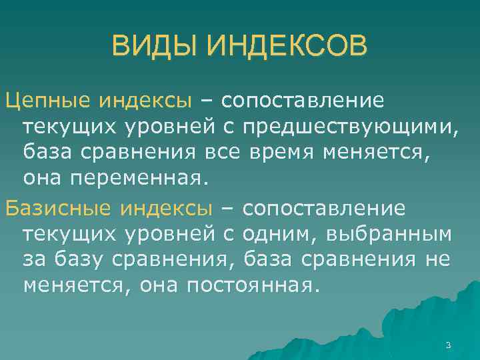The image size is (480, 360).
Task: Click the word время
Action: pyautogui.click(x=282, y=152)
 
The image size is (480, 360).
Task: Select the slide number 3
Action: pyautogui.click(x=448, y=345)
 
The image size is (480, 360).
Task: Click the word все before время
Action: pyautogui.click(x=223, y=152)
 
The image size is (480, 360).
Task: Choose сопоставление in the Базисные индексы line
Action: pyautogui.click(x=324, y=209)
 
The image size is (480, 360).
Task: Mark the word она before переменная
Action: pyautogui.click(x=43, y=178)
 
